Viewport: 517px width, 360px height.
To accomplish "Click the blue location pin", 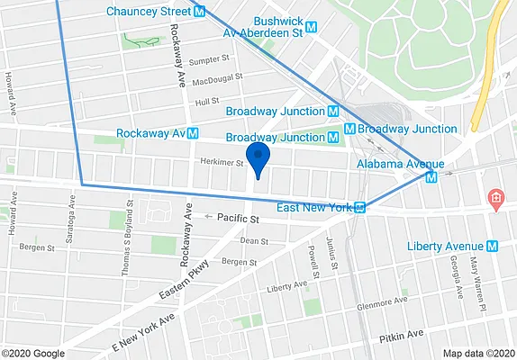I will tap(258, 157).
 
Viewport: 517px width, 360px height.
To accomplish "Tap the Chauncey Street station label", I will tap(149, 12).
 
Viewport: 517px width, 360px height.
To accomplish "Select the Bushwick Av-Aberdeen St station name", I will tap(263, 25).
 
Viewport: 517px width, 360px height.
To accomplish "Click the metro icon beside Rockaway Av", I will tap(192, 133).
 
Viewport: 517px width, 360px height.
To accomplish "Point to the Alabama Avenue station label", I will tap(394, 164).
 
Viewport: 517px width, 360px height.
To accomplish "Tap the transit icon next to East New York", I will tap(359, 208).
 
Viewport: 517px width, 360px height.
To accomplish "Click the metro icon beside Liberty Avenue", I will tap(493, 246).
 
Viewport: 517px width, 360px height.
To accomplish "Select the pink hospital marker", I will tap(494, 198).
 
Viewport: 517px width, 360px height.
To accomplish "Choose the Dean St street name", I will tap(254, 241).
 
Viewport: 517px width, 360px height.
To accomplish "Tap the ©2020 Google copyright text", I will tap(32, 353).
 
